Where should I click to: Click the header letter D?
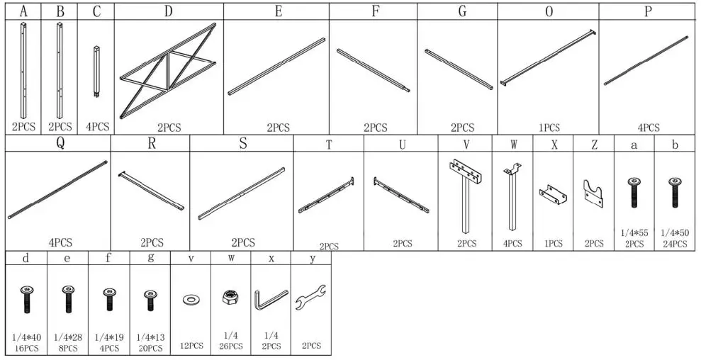click(168, 11)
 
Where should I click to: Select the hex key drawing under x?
click(270, 298)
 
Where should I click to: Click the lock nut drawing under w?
click(231, 298)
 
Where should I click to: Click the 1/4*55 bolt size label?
click(634, 232)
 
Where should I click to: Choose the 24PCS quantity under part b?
click(675, 244)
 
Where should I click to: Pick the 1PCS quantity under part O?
click(549, 128)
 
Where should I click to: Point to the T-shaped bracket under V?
click(465, 195)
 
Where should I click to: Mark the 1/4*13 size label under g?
click(150, 337)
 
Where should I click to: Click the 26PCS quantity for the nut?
click(231, 347)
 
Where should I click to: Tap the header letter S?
click(242, 144)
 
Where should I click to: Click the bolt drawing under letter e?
click(68, 298)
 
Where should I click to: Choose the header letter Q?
click(60, 144)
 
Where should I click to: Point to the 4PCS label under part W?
click(512, 244)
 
